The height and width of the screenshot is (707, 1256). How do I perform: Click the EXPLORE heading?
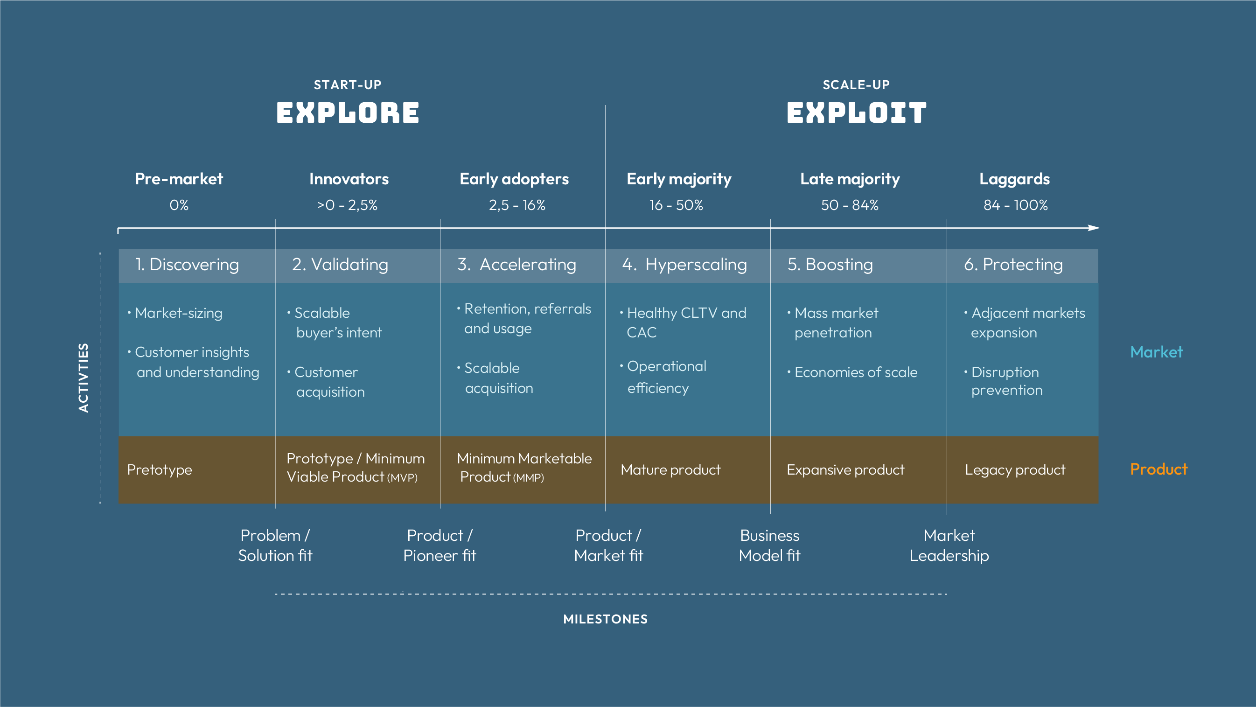[x=348, y=112]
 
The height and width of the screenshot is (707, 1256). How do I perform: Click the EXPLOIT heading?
[x=856, y=112]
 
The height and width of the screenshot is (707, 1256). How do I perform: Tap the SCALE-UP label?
[x=856, y=85]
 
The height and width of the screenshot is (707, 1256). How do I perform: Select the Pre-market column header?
[x=179, y=179]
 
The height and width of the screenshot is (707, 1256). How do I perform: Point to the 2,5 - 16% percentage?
[x=517, y=205]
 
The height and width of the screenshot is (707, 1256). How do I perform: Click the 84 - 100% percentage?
[x=1015, y=205]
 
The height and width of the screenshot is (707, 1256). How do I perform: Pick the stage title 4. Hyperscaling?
[x=684, y=265]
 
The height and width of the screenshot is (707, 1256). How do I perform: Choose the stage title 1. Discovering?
[x=187, y=265]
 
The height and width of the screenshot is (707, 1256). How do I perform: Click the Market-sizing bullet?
[x=178, y=313]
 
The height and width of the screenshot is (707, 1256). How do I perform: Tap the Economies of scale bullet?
[x=856, y=372]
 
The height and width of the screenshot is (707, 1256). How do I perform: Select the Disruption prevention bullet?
[x=1006, y=381]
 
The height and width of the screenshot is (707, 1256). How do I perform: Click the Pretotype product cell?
[x=160, y=470]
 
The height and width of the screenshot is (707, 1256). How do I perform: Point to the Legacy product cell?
[x=1015, y=470]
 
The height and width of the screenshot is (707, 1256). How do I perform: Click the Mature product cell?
[x=670, y=470]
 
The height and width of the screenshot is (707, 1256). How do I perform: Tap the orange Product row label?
[x=1158, y=469]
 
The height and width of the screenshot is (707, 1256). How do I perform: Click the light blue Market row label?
[x=1156, y=352]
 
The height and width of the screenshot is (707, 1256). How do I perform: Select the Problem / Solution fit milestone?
[x=275, y=546]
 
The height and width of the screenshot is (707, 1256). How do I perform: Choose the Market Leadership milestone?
[x=949, y=546]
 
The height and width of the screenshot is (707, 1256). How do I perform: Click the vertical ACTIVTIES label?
[x=84, y=378]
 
